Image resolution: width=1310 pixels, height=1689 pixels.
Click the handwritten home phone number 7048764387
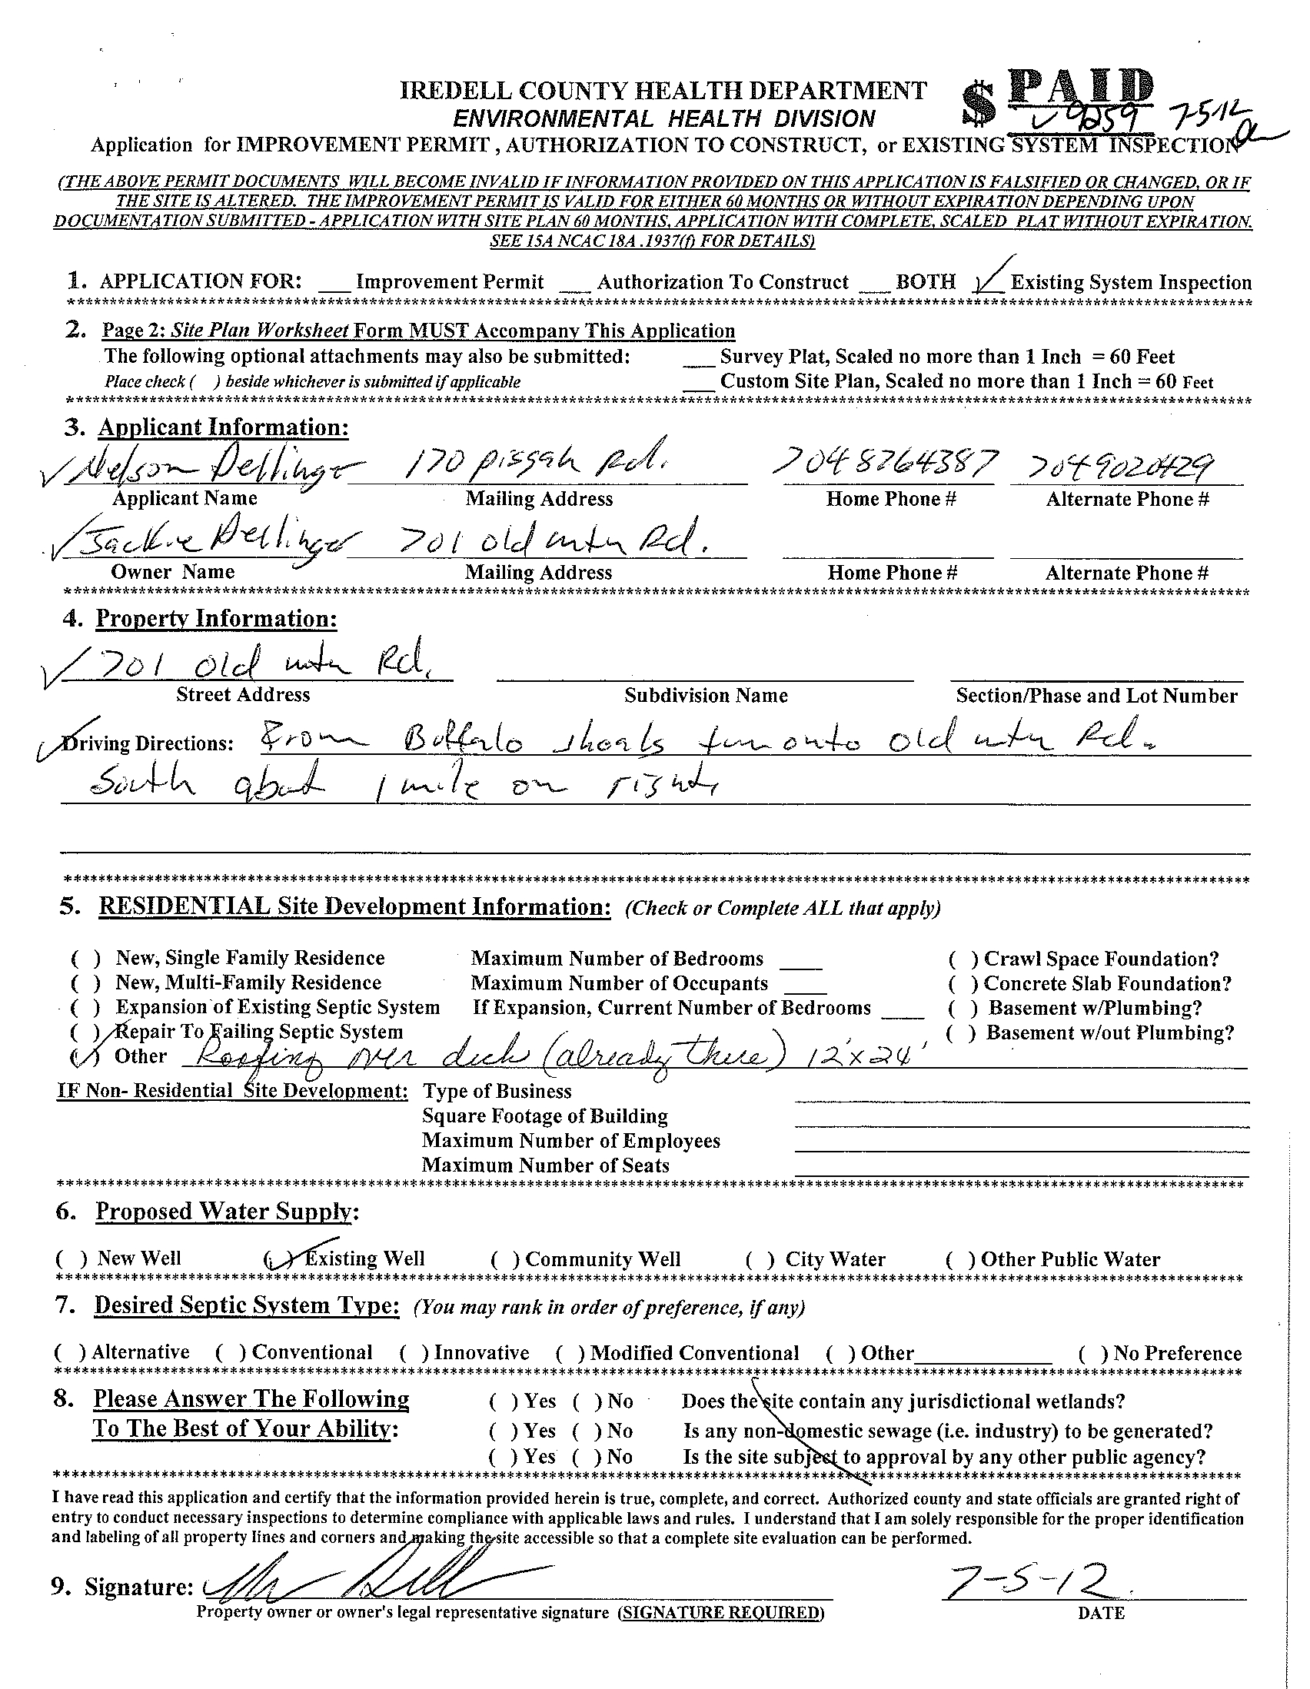coord(889,466)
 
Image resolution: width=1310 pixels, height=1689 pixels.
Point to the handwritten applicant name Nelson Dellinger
coord(209,468)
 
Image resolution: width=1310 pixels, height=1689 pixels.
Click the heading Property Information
coord(216,619)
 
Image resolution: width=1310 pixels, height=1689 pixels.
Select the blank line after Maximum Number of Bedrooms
coord(800,962)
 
